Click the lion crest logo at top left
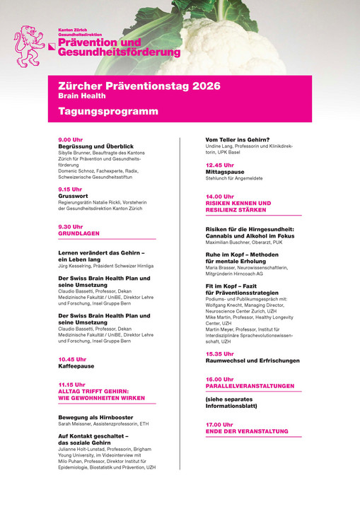(29, 46)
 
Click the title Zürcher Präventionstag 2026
(139, 86)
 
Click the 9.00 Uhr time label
(70, 140)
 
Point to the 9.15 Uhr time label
(70, 189)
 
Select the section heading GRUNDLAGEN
(79, 233)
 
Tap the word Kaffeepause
(76, 366)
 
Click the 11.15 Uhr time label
(72, 385)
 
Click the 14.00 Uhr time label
(219, 197)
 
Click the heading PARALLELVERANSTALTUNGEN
(250, 386)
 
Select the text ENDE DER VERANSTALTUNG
(247, 431)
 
